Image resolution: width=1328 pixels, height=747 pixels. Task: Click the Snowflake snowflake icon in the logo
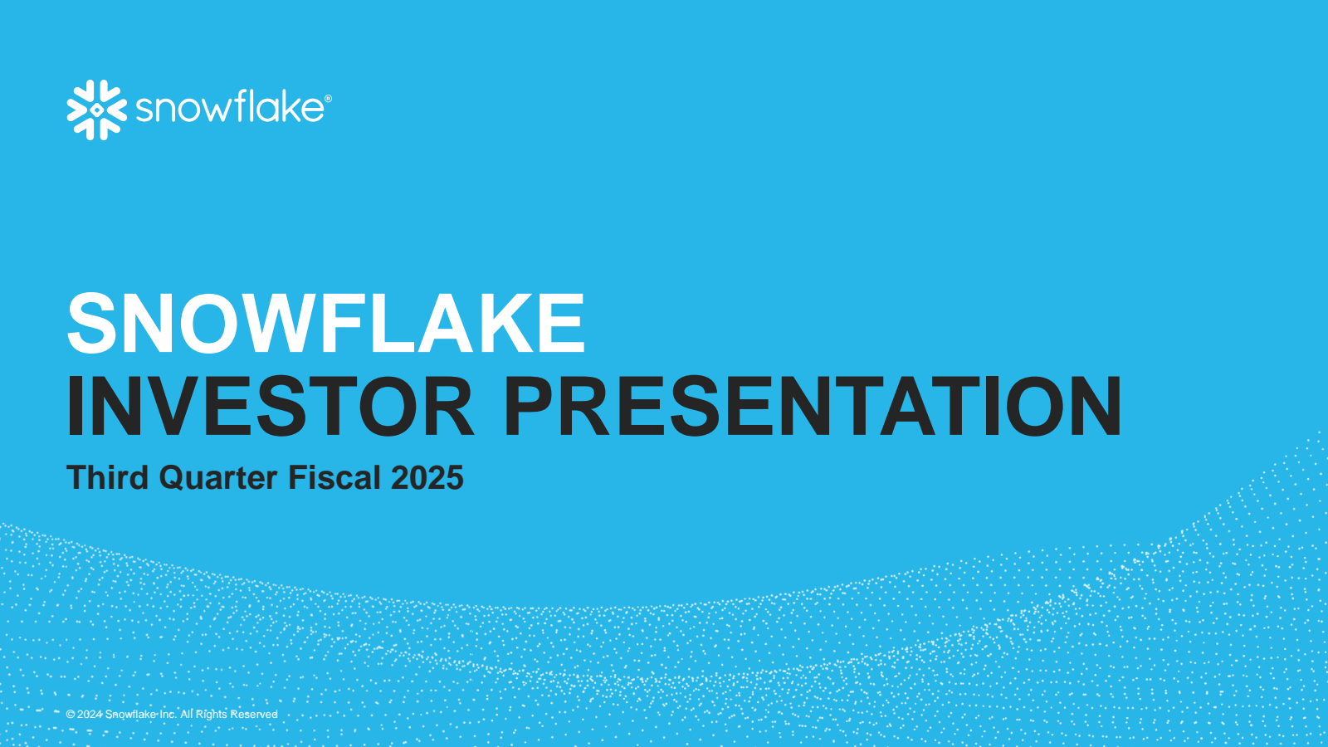tap(96, 110)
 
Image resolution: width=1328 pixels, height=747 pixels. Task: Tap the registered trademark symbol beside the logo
tap(329, 99)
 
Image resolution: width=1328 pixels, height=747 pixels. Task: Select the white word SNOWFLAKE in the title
tap(326, 323)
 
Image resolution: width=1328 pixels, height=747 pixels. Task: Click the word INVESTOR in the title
tap(271, 407)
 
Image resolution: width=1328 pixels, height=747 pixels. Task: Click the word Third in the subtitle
tap(107, 477)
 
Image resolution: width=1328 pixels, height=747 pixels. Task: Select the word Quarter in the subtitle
tap(217, 478)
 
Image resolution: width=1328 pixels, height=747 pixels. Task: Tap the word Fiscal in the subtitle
tap(334, 477)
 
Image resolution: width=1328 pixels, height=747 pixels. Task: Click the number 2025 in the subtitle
tap(427, 478)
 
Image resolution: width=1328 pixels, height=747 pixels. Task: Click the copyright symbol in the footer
tap(71, 715)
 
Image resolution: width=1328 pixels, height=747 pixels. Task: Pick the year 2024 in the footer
tap(90, 715)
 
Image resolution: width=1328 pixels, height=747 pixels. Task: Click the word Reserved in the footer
tap(254, 715)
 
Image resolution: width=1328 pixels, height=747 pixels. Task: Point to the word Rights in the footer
tap(212, 715)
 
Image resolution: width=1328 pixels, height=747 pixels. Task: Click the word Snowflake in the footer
tap(130, 715)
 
